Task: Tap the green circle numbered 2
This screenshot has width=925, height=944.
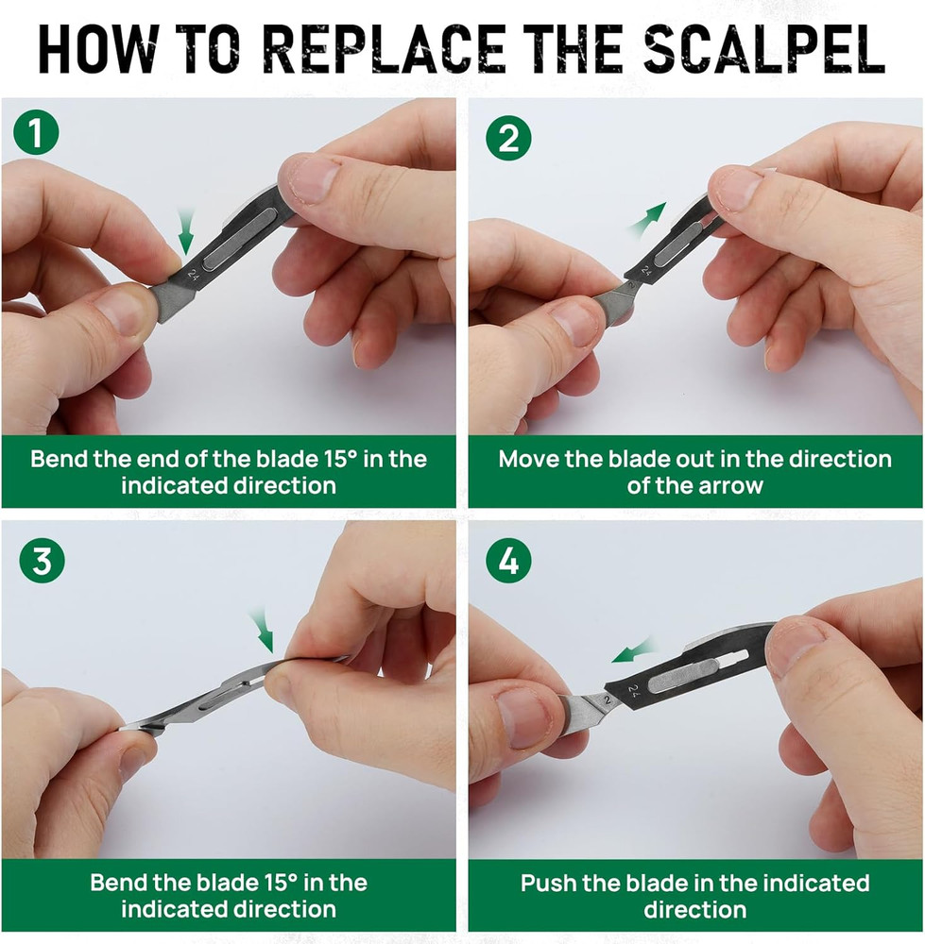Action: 508,138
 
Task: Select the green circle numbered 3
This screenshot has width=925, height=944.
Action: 42,561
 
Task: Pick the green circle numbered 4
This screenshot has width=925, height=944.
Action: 508,562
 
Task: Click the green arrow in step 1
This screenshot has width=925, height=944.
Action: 186,232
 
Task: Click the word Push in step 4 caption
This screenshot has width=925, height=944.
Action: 550,884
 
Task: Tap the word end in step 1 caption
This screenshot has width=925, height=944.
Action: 138,460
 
